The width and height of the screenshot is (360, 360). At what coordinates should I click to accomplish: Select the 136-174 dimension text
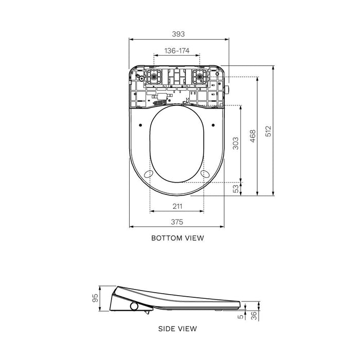coord(177,50)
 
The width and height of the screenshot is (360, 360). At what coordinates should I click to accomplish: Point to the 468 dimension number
coord(253,136)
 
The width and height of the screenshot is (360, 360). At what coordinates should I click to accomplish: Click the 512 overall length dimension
coord(268,131)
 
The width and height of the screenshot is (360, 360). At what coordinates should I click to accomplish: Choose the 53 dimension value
coord(236,189)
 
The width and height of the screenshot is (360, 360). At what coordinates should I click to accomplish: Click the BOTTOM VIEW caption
coord(177,238)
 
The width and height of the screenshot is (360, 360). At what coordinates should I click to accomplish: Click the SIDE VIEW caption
coord(177,328)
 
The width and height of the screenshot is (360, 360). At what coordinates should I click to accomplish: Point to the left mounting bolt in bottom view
coord(153,77)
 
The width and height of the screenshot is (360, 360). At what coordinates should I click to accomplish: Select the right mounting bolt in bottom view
coord(199,77)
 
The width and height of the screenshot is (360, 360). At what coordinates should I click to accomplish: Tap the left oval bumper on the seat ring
coord(148,174)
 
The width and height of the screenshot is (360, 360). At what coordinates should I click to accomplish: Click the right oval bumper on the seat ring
coord(206,174)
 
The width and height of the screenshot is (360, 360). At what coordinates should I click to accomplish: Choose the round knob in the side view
coord(135,306)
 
